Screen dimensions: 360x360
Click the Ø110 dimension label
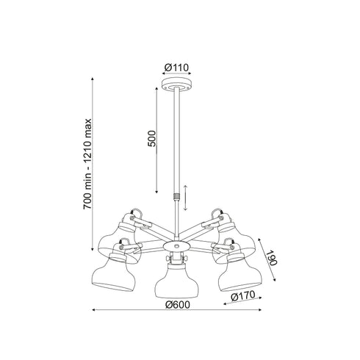click(x=176, y=67)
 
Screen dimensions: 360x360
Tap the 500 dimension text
click(x=152, y=139)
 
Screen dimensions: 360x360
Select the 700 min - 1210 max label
click(x=87, y=164)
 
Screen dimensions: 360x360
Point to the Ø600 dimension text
click(x=178, y=305)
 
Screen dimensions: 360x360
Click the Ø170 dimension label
click(x=243, y=296)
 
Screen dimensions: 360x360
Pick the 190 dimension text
click(x=271, y=258)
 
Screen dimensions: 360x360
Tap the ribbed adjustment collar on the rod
click(x=176, y=196)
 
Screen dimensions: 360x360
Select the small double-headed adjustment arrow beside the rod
click(x=185, y=198)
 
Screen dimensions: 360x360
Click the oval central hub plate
click(x=176, y=245)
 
